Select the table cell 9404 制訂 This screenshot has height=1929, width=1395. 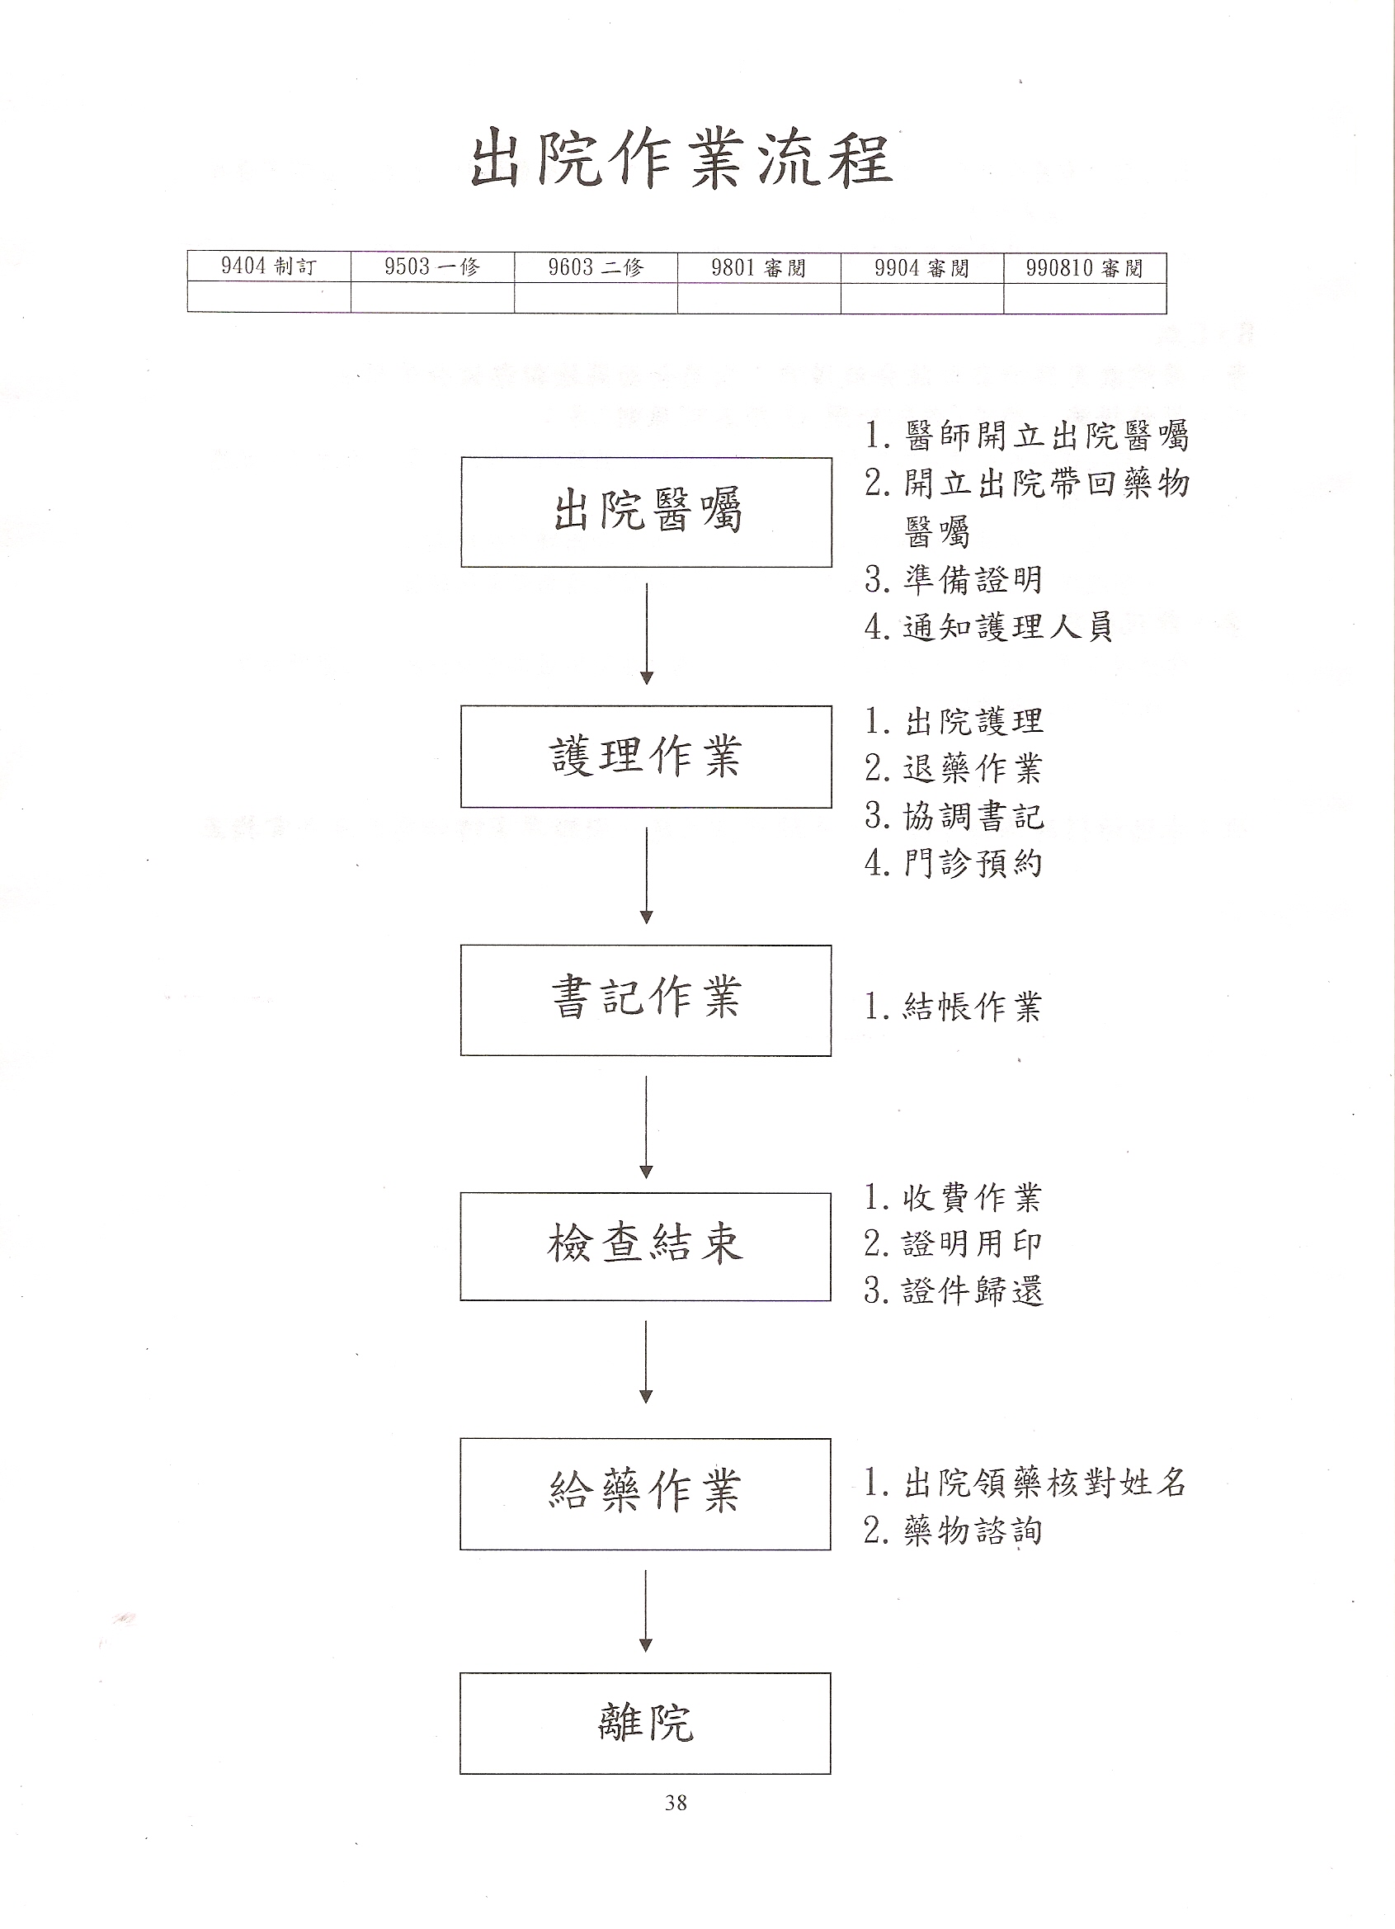(269, 267)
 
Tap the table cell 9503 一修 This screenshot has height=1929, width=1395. (432, 267)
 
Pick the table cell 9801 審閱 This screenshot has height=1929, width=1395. (759, 267)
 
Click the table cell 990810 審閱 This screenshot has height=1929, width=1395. (1085, 267)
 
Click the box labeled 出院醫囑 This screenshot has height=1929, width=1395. (647, 512)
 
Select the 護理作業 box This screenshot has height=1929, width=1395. (647, 756)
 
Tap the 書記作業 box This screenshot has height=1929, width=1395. (646, 1000)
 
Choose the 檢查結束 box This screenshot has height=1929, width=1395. (646, 1247)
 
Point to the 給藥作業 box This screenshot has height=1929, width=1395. (646, 1494)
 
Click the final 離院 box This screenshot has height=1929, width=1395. (646, 1724)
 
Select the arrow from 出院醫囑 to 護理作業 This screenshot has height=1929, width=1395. (647, 634)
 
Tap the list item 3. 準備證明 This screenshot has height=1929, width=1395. (954, 580)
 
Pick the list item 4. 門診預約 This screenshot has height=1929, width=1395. (954, 863)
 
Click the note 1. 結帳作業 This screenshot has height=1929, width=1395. (954, 1007)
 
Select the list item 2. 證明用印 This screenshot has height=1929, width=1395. (954, 1244)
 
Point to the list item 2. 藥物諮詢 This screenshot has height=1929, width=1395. (954, 1531)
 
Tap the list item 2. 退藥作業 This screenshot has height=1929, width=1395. (954, 769)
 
